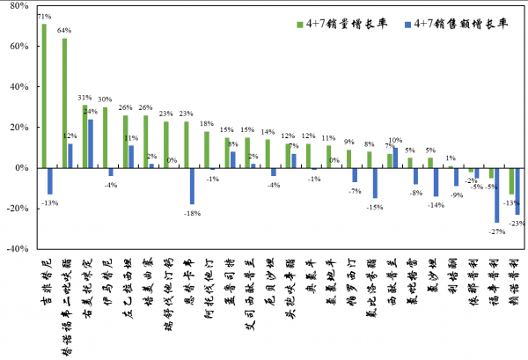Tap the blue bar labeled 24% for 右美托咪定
[x=91, y=143]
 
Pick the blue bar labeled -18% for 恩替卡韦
[x=192, y=186]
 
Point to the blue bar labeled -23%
[x=517, y=191]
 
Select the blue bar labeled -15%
[x=375, y=183]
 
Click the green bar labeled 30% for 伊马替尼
[x=105, y=137]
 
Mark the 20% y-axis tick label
[x=19, y=128]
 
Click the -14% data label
[x=435, y=204]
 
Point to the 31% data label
[x=84, y=98]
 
